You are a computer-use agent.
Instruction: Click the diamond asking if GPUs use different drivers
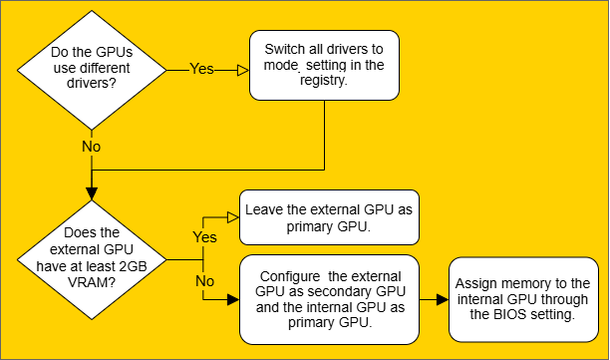tap(91, 70)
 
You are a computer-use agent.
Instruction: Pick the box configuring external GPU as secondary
tap(330, 299)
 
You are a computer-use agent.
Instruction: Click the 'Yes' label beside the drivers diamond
tap(202, 70)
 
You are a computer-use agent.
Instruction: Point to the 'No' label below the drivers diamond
tap(91, 146)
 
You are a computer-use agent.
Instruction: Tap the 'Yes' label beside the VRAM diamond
tap(203, 238)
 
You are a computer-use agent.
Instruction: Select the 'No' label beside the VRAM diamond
tap(203, 280)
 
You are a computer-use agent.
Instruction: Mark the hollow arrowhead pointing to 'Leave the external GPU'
tap(231, 214)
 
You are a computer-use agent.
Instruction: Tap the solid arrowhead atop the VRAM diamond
tap(91, 193)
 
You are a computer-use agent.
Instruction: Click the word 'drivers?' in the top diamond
tap(91, 86)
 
